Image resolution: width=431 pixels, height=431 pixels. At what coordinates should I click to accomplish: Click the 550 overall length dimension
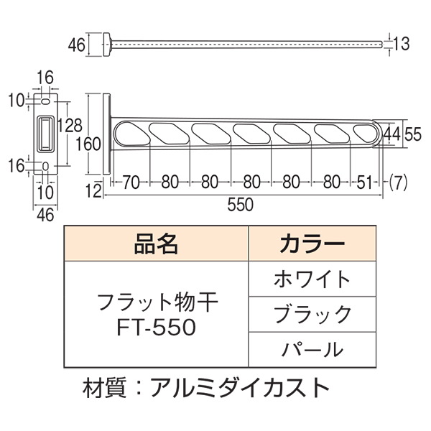240,205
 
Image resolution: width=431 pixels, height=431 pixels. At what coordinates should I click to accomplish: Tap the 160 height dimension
91,143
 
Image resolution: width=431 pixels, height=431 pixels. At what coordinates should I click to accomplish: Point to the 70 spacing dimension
130,182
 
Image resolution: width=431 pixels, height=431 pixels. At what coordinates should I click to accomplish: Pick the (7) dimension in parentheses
399,182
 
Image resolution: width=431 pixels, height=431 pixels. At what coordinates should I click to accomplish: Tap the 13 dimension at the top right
402,45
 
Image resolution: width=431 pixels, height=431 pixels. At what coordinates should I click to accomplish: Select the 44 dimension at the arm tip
391,134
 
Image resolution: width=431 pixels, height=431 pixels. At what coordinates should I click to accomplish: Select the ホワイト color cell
312,279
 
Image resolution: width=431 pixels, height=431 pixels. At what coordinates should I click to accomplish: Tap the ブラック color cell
312,314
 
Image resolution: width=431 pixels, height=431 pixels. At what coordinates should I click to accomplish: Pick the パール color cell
312,349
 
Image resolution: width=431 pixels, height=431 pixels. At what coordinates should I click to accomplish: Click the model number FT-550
156,328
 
